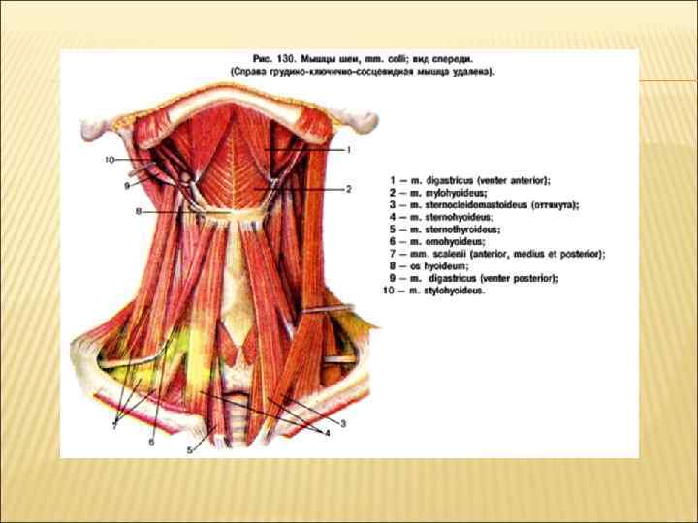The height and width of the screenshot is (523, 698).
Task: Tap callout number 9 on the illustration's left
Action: coord(127,184)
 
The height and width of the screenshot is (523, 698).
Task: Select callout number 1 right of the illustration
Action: coord(348,150)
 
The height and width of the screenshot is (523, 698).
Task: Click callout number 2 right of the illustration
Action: coord(348,189)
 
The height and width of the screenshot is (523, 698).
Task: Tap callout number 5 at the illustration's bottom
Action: coord(191,450)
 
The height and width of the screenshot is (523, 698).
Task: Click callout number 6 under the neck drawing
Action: coord(151,442)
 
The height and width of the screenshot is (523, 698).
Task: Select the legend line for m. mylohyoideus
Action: coord(437,193)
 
